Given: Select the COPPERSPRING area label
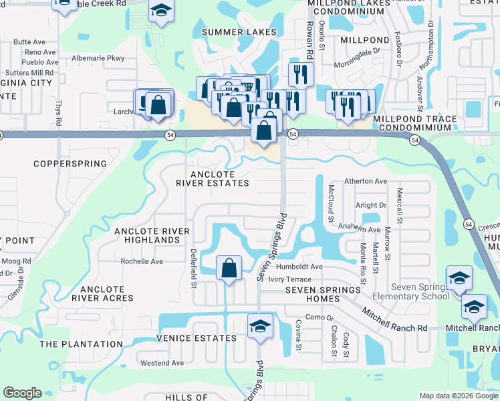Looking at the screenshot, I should tap(70, 164).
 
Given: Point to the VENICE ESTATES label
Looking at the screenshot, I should tap(197, 338).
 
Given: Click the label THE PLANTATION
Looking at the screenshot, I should tap(81, 344).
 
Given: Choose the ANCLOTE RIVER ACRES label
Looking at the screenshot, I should tap(107, 293).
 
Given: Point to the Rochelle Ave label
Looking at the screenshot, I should tap(141, 261).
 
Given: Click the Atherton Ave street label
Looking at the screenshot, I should tap(366, 181).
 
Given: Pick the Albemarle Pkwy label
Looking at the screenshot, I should tap(98, 58).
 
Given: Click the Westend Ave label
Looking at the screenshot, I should tap(162, 363).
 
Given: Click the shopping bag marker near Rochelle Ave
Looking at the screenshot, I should tap(229, 268).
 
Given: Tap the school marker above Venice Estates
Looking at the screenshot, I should tap(259, 326).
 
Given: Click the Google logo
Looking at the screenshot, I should tap(22, 393).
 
